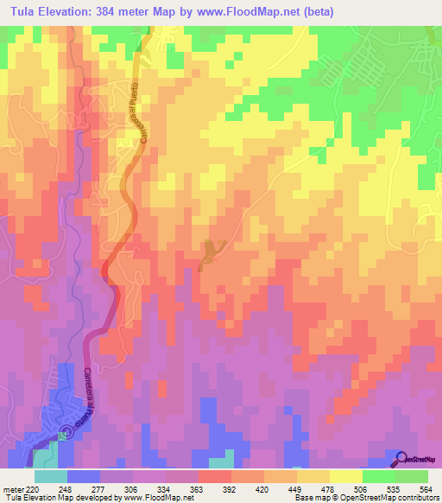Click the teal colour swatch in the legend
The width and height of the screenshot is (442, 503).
coord(51,476)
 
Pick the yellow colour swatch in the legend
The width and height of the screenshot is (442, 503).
coord(346,476)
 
